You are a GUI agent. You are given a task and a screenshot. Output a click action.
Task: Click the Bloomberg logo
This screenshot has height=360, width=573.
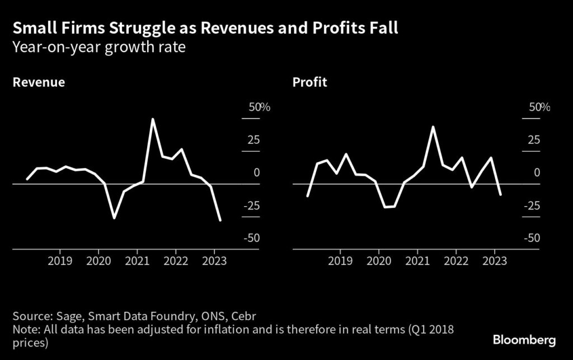tap(524, 340)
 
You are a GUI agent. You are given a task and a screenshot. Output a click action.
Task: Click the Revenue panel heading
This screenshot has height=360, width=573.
tap(39, 82)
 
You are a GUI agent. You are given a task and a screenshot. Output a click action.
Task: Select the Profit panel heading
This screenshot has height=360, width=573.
tap(309, 82)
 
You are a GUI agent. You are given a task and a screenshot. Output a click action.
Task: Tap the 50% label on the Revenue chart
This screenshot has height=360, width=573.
tap(259, 107)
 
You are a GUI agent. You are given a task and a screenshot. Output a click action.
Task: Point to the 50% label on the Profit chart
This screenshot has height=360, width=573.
tap(539, 107)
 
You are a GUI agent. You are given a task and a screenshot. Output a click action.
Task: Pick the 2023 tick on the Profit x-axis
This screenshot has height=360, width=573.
tap(495, 261)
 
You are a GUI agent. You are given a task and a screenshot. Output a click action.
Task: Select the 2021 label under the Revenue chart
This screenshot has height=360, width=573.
tap(137, 261)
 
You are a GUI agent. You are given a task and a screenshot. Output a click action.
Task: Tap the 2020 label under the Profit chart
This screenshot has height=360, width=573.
tap(378, 261)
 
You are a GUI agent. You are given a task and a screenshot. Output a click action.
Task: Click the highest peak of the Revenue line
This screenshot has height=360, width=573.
tap(153, 119)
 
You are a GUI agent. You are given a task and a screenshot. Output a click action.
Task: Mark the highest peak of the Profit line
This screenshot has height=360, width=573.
tap(433, 127)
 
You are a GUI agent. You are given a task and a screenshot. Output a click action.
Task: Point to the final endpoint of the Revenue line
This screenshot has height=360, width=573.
tap(220, 220)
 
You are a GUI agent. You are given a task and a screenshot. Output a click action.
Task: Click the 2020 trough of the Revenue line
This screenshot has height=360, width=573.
tap(114, 218)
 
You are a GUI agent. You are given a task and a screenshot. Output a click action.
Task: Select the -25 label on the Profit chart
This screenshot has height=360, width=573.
tap(532, 206)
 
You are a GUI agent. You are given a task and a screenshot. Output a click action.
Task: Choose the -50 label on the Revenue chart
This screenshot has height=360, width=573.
tap(251, 239)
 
